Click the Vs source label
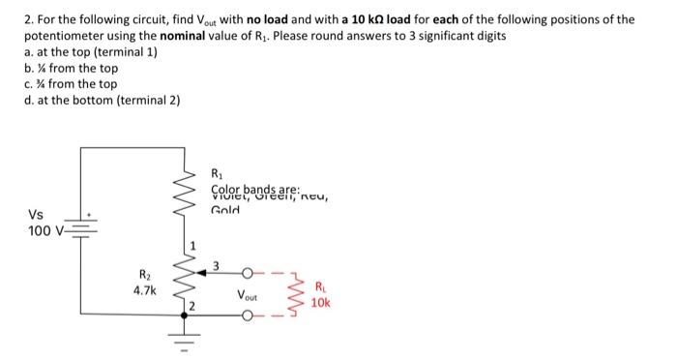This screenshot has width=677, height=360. pos(35,215)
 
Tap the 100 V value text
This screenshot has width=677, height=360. pos(43,232)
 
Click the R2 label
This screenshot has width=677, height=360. pos(148,275)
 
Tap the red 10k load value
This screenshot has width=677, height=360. pos(322,301)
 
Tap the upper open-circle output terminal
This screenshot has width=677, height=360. pos(253,272)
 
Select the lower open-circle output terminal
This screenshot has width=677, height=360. pos(253,315)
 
